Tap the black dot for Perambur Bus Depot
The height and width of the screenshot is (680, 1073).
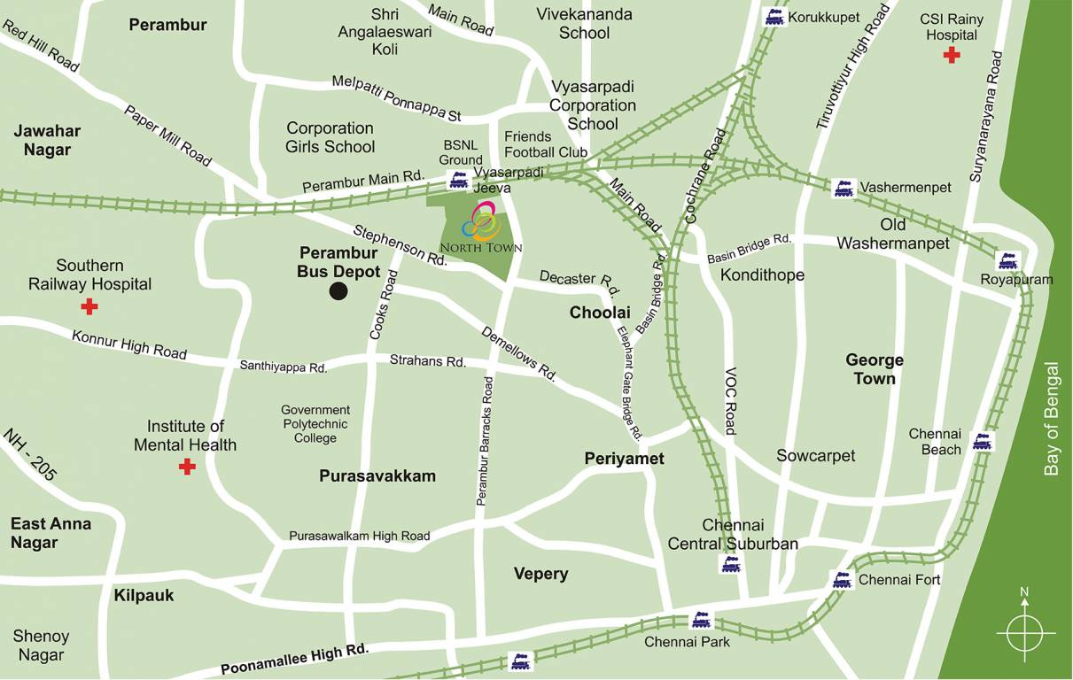[338, 291]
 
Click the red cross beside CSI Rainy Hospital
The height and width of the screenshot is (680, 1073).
[952, 56]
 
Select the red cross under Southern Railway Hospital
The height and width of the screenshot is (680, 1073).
[89, 307]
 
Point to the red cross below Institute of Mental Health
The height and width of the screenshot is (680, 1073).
[187, 467]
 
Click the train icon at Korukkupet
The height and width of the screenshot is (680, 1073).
[774, 17]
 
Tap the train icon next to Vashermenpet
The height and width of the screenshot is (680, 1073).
[844, 188]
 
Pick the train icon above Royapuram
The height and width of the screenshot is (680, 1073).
[1007, 260]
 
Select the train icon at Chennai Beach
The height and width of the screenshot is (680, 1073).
[982, 441]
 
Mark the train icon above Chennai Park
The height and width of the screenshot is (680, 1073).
[702, 620]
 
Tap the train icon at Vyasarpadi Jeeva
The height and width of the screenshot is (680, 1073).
[459, 180]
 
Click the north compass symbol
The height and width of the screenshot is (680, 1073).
[1025, 631]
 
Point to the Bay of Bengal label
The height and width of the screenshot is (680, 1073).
[1052, 419]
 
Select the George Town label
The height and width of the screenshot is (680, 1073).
[875, 369]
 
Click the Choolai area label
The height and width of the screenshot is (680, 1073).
[600, 313]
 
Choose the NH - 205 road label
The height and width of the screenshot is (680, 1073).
[30, 456]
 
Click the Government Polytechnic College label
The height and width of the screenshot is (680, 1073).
[315, 424]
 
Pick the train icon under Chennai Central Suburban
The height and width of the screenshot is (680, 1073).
[730, 564]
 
